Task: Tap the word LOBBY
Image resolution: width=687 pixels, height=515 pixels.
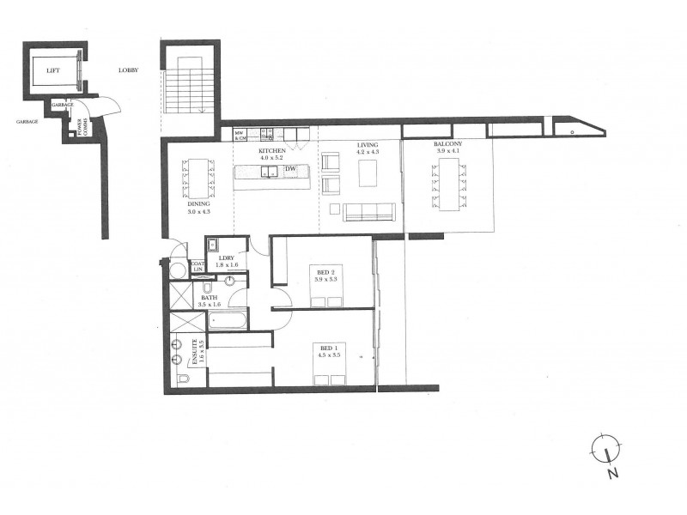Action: [x=130, y=70]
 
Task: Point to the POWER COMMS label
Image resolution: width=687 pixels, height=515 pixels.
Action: [x=83, y=128]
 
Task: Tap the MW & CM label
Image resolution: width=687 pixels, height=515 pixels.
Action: [x=241, y=135]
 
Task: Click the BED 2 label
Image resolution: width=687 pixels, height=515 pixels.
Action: [x=325, y=272]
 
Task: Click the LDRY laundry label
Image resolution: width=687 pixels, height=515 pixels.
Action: [x=227, y=257]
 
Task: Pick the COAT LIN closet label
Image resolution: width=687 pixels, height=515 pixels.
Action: [x=197, y=267]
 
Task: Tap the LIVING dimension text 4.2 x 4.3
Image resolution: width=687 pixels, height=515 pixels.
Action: [x=368, y=152]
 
